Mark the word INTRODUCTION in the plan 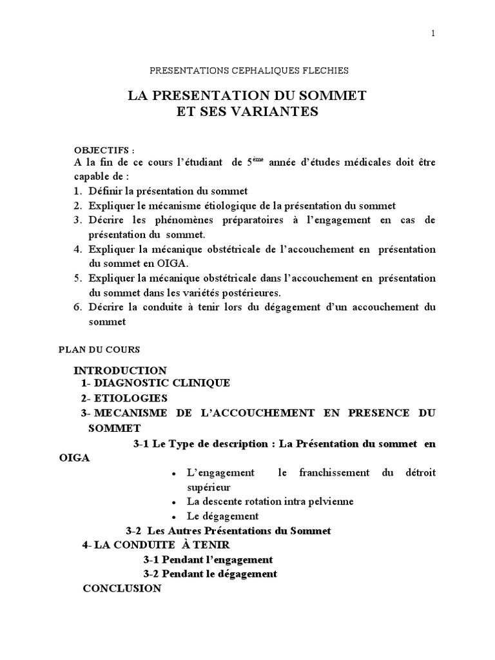(x=120, y=370)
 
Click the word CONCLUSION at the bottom (x=122, y=588)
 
